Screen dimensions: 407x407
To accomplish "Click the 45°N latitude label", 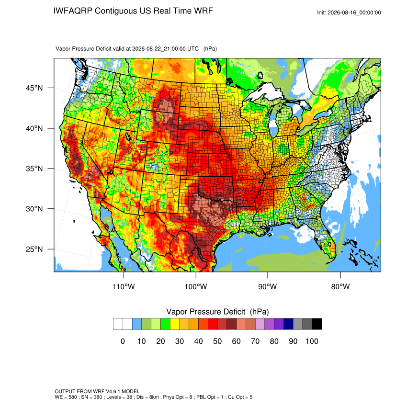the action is pos(34,88).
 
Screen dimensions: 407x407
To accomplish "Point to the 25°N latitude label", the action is pos(34,249).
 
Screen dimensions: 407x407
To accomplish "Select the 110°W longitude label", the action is pos(124,286).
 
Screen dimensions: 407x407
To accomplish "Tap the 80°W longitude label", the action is pos(340,286).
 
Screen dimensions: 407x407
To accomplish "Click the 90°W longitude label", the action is pos(267,286).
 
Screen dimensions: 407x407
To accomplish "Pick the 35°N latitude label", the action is pos(34,169).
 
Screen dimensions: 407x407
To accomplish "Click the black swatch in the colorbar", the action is pos(317,324).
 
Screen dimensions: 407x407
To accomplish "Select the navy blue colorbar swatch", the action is pos(288,324).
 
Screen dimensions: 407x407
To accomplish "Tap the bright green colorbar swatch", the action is pos(165,324).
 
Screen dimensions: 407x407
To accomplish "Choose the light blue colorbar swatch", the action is pos(137,324).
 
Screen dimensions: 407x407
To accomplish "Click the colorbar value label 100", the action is pos(312,341).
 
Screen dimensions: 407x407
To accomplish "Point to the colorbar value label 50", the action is pos(217,341).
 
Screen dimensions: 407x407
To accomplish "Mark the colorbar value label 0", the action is pos(123,341).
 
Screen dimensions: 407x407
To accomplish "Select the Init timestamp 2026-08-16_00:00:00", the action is pos(354,12).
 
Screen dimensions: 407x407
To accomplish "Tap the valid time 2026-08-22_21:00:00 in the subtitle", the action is pos(165,48).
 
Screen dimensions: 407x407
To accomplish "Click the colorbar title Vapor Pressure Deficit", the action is pos(205,312).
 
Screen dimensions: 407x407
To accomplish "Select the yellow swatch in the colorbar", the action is pos(175,324).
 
